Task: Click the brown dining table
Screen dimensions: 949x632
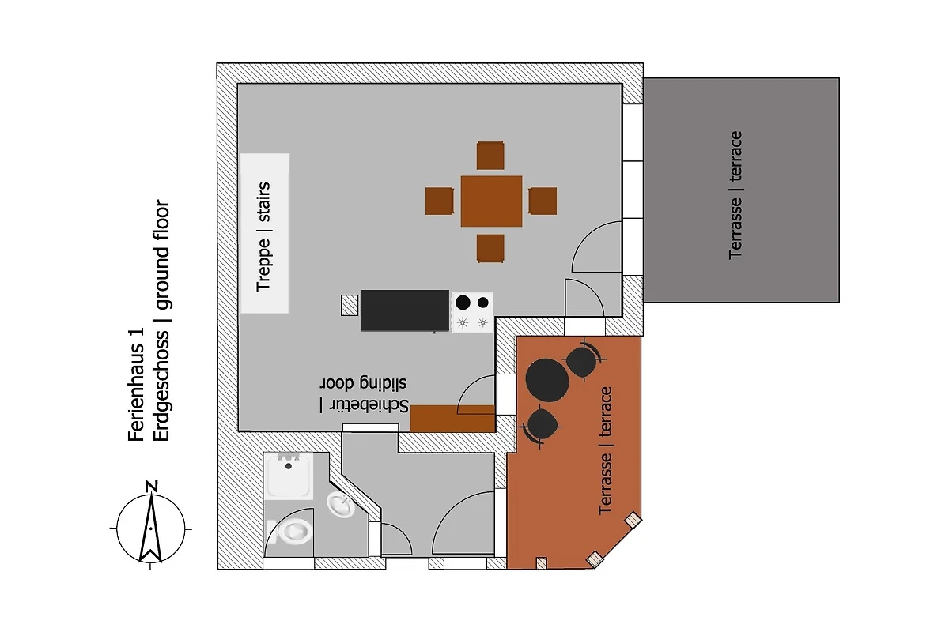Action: (x=491, y=201)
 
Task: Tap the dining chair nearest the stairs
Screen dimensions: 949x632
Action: (x=440, y=201)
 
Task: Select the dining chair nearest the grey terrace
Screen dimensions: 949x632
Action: (x=543, y=201)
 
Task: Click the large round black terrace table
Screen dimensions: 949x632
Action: (x=547, y=380)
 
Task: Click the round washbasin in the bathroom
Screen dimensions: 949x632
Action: (x=340, y=505)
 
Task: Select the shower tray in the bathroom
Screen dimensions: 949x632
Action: (x=289, y=476)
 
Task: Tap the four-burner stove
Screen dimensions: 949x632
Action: (x=472, y=312)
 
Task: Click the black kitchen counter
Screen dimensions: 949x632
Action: (x=405, y=310)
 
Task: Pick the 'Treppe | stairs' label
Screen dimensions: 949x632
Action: (x=263, y=237)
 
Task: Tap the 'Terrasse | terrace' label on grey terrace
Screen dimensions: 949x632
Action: (x=735, y=195)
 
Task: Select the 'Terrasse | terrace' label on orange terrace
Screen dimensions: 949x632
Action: (x=606, y=451)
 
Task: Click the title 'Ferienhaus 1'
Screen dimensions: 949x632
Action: (x=136, y=385)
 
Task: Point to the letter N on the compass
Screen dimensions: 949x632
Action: (x=151, y=487)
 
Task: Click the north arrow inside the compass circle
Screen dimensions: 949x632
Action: (x=150, y=529)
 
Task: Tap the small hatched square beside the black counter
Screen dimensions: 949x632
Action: (x=350, y=305)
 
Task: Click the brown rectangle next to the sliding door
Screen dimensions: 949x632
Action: (x=453, y=419)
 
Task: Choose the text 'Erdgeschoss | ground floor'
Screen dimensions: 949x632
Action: (x=162, y=321)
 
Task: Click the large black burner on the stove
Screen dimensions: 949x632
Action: (x=463, y=303)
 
